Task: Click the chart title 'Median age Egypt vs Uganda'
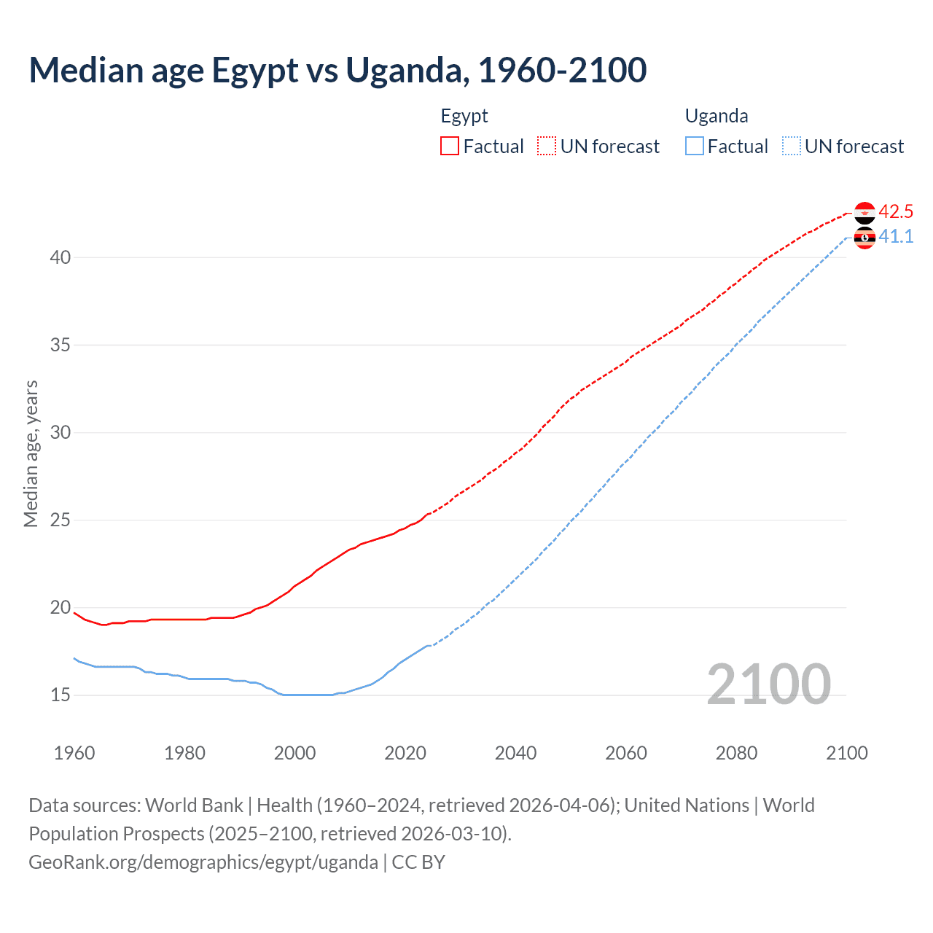point(337,70)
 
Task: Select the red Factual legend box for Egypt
point(450,147)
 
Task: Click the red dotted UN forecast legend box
point(547,147)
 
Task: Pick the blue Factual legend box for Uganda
point(695,147)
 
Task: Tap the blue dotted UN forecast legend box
point(791,147)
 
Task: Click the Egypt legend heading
point(464,116)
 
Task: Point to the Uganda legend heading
point(717,116)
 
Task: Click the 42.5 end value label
point(896,212)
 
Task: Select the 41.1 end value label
point(896,237)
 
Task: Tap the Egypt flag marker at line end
point(864,213)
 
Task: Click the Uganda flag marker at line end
point(864,238)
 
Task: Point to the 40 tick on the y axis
point(60,257)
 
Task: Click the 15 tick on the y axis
point(60,695)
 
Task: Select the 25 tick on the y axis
point(60,520)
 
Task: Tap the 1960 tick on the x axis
point(74,753)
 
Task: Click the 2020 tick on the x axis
point(405,753)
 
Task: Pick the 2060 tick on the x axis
point(626,753)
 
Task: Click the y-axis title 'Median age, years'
point(31,453)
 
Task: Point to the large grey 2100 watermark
point(769,684)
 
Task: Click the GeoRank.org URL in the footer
point(203,862)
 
